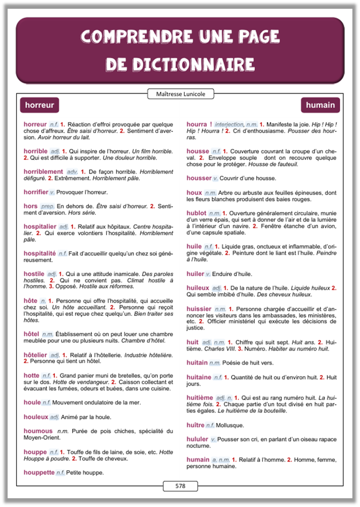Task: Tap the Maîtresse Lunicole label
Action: [x=180, y=93]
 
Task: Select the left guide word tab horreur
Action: [x=40, y=105]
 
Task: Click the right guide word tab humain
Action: [x=320, y=105]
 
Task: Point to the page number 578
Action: [x=180, y=485]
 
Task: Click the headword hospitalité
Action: [x=40, y=253]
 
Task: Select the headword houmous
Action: [x=38, y=430]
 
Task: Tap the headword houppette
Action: [x=39, y=472]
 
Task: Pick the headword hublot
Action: [x=196, y=213]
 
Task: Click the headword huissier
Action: [x=199, y=308]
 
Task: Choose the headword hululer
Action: [x=198, y=439]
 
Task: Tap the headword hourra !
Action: [x=199, y=124]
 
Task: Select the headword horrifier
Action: [x=36, y=192]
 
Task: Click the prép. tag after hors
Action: [x=47, y=206]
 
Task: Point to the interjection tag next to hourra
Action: [x=229, y=124]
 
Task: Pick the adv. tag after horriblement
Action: [x=72, y=172]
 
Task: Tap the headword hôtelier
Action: [x=36, y=355]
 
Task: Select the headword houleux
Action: [x=36, y=416]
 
